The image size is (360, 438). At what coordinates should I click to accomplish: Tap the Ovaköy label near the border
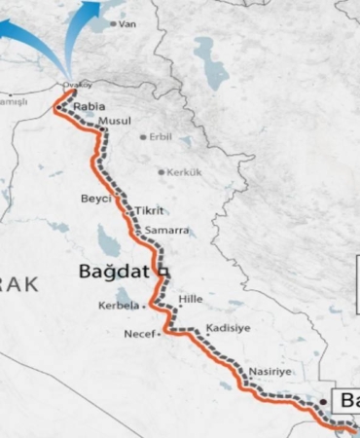point(75,85)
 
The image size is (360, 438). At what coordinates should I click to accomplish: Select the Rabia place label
point(88,104)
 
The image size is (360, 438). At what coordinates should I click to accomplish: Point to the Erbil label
point(161,137)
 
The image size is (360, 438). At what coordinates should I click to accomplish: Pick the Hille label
point(191,300)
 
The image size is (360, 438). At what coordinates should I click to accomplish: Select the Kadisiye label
point(230,328)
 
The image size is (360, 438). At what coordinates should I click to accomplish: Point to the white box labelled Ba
point(345,399)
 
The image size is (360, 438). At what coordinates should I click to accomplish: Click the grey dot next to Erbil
point(144,137)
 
